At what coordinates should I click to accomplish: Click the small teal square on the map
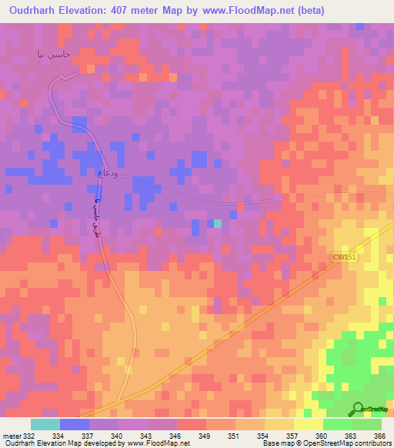point(218,224)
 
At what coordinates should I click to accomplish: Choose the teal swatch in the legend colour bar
point(45,424)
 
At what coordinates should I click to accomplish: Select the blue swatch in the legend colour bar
point(75,424)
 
